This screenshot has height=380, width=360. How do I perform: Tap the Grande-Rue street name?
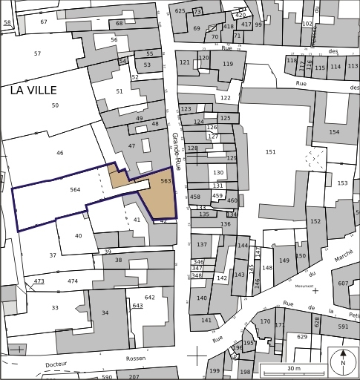point(176,151)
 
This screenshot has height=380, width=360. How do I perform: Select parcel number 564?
point(75,190)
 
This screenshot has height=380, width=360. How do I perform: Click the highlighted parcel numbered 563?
point(166,180)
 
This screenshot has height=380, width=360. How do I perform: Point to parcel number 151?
point(270,152)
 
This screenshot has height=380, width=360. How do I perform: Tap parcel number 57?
point(37,53)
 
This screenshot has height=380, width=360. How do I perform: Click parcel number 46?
point(60,153)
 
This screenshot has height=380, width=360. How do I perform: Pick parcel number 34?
point(105,312)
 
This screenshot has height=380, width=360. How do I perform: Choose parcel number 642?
point(150,297)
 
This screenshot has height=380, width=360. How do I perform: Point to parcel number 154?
point(334,132)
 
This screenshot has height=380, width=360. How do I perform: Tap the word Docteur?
point(57,364)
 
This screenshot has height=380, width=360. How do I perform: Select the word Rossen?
point(136,358)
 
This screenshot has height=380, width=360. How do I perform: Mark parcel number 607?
point(343,283)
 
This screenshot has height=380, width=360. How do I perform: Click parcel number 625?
point(180,11)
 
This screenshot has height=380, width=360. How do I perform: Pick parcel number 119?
point(227,64)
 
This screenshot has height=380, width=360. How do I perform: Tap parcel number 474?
point(73,281)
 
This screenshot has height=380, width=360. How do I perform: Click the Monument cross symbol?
point(315,290)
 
